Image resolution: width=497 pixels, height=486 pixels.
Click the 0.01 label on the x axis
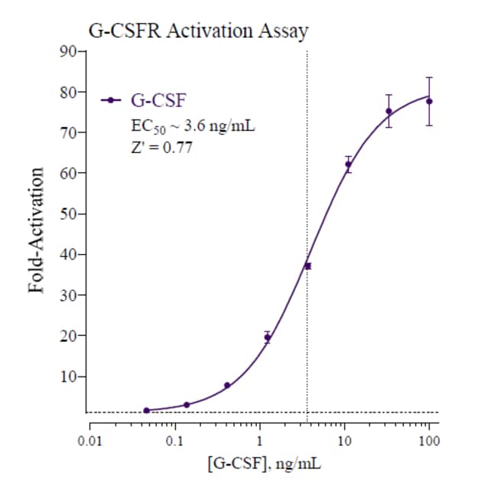tap(90, 441)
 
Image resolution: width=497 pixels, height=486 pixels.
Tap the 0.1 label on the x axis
tap(175, 441)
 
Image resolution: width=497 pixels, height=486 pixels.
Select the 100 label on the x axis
tap(429, 441)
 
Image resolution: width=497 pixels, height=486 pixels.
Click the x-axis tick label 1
tap(260, 441)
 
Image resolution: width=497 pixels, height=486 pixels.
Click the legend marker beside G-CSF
tap(112, 99)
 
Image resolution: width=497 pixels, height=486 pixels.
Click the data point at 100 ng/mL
tap(429, 102)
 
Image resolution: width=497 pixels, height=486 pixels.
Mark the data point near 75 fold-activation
tap(388, 111)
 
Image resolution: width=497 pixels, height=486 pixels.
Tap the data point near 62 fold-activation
tap(348, 165)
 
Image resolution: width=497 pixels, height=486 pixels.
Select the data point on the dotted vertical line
tap(307, 266)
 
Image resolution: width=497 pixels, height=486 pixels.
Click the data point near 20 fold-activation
tap(267, 337)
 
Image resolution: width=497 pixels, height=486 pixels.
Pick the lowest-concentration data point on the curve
tap(146, 410)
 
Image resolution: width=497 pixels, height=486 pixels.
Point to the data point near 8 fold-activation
tap(227, 385)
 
